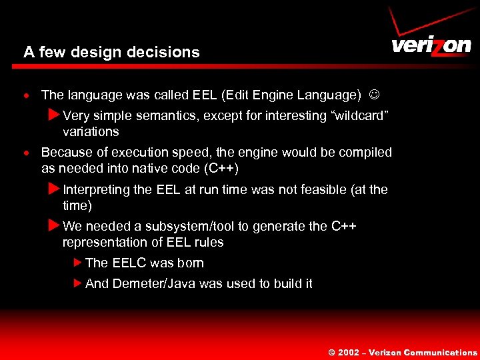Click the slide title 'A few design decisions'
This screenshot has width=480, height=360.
[111, 52]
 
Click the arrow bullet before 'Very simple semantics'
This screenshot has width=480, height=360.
[55, 115]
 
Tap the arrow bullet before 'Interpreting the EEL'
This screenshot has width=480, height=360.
[55, 189]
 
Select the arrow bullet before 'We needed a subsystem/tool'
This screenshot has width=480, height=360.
[55, 225]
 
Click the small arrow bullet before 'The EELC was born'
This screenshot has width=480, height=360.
[77, 263]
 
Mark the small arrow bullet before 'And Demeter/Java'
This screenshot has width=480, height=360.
[77, 283]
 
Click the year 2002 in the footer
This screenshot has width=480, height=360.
[349, 353]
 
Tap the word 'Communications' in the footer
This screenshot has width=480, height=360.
[441, 353]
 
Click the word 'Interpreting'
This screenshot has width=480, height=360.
[97, 189]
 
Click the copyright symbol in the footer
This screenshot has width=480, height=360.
[331, 353]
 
